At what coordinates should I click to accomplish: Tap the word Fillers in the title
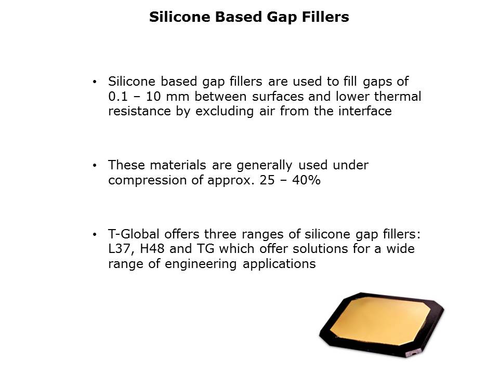click(x=325, y=17)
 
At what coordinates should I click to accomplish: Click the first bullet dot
click(x=94, y=82)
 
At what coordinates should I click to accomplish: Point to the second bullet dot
click(x=94, y=166)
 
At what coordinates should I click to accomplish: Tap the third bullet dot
click(x=94, y=235)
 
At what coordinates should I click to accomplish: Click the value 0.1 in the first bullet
click(x=118, y=97)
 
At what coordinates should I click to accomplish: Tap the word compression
click(x=147, y=181)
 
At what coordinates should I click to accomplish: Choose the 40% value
click(x=306, y=180)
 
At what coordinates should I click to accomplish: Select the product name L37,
click(x=120, y=249)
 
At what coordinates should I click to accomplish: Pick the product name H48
click(x=152, y=249)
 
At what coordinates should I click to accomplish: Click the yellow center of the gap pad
click(x=380, y=320)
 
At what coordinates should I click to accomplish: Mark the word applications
click(x=279, y=264)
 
